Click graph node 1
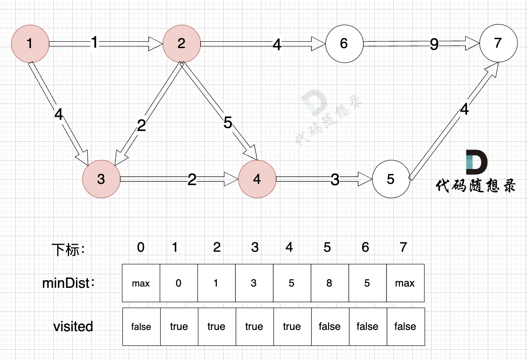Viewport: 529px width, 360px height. [29, 43]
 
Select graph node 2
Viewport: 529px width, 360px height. [181, 43]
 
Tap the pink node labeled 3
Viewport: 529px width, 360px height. [101, 179]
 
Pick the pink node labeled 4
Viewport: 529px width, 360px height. [257, 179]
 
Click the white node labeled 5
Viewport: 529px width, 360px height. [390, 179]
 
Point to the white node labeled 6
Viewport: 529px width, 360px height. [344, 43]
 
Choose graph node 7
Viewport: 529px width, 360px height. [498, 43]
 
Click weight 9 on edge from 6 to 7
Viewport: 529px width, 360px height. [434, 44]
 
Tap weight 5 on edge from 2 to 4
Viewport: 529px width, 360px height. [228, 123]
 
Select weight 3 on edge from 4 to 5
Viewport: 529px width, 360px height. [335, 180]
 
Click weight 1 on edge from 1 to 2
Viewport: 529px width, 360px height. [95, 43]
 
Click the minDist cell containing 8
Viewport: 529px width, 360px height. [329, 283]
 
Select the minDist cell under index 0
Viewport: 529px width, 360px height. [141, 283]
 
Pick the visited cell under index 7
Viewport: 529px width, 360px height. [405, 326]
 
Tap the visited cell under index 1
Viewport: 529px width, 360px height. [179, 326]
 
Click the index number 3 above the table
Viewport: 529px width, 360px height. [255, 247]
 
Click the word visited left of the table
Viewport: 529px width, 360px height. [73, 326]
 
